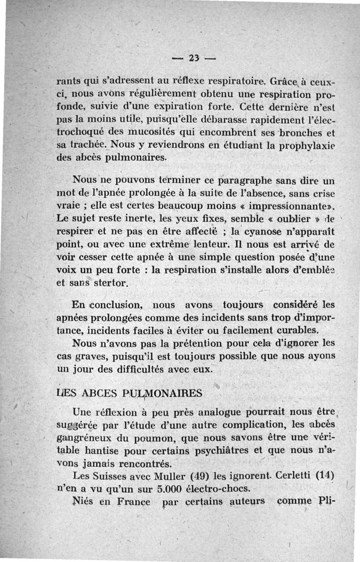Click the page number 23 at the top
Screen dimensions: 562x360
tap(194, 58)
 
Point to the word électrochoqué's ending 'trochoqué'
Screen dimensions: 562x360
tap(81, 133)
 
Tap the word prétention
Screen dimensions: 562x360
tap(174, 343)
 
